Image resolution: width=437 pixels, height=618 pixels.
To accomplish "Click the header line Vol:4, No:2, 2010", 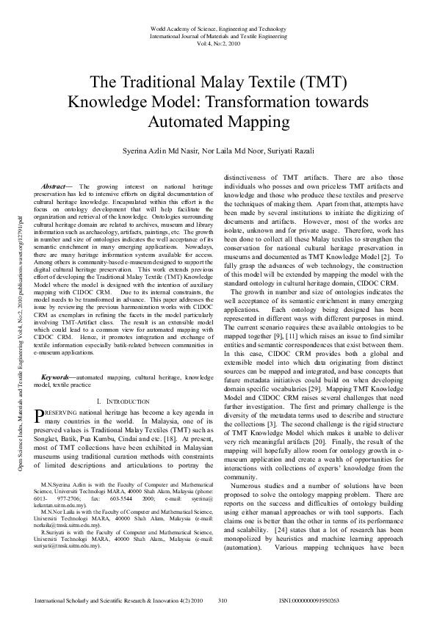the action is coord(218,43).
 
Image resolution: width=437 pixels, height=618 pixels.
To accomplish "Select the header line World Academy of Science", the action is coord(218,28).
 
